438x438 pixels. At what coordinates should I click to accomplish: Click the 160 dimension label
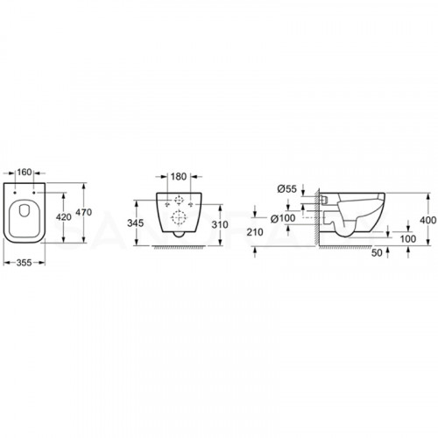coord(25,173)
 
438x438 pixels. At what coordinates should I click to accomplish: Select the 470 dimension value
coord(84,212)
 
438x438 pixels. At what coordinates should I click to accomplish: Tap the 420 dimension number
coord(64,217)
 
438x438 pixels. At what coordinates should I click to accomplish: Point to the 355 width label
coord(24,263)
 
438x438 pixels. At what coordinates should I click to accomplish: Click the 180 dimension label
coord(179,177)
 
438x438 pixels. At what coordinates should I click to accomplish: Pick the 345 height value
coord(136,223)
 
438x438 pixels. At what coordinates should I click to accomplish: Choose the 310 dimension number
coord(220,224)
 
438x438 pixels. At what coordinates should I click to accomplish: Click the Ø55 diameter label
coord(286,189)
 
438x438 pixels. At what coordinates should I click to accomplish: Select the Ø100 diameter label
coord(283,218)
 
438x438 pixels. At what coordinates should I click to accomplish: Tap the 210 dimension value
coord(255,232)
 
